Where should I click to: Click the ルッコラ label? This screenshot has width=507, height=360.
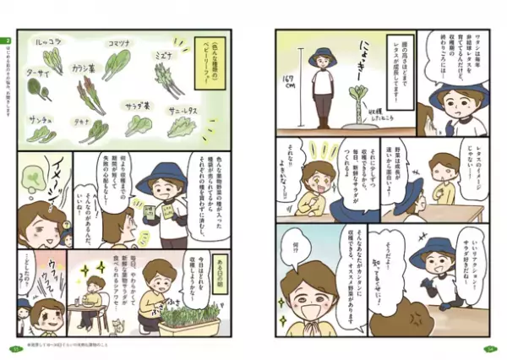(47, 39)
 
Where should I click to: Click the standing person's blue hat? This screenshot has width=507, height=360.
(323, 58)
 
